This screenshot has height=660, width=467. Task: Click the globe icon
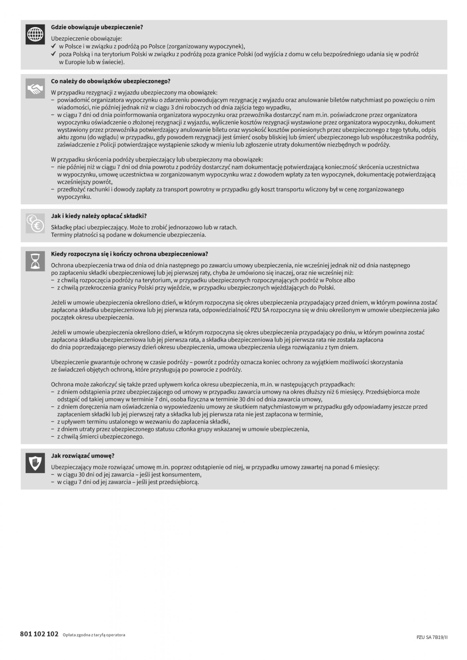[x=35, y=35]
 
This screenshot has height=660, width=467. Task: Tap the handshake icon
[x=35, y=88]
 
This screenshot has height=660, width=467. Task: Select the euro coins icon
[x=35, y=223]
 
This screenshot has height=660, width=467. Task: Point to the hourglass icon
[x=35, y=261]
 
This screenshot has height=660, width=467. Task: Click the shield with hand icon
[x=35, y=463]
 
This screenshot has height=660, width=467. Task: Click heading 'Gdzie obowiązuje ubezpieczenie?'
[x=97, y=27]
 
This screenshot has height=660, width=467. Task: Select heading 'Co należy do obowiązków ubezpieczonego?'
[x=110, y=81]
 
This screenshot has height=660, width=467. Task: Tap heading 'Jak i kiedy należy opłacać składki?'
[x=99, y=216]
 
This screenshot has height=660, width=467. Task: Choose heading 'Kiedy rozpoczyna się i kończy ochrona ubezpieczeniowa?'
[x=129, y=254]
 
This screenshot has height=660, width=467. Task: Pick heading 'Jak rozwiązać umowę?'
[x=82, y=456]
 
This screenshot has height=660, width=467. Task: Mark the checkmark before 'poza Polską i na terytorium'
[x=53, y=54]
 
